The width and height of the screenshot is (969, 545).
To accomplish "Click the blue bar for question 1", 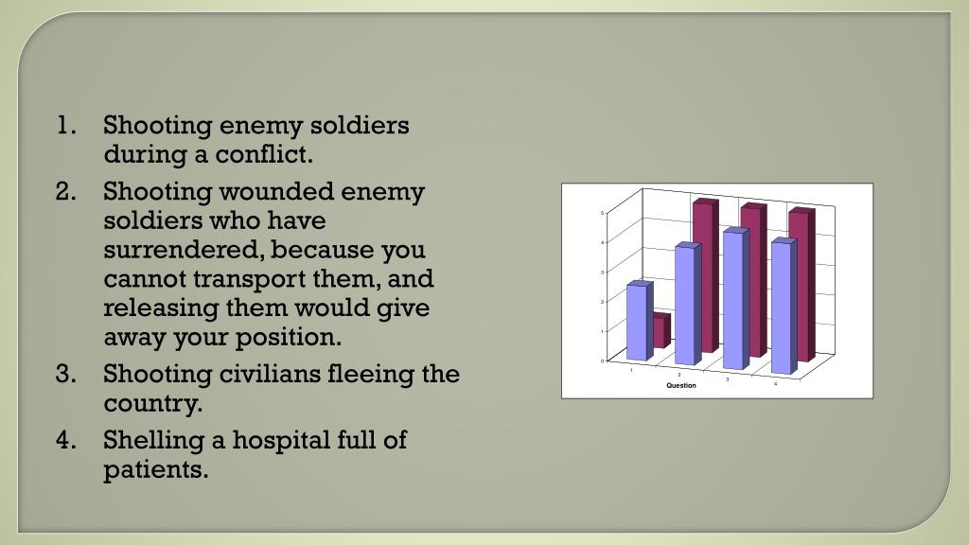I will (x=639, y=322).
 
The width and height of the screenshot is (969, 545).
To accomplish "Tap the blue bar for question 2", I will (x=687, y=305).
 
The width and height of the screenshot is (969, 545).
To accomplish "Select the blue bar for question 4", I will (x=784, y=307).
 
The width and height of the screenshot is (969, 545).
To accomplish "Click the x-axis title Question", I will (x=681, y=386).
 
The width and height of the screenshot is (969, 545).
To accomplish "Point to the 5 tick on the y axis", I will (x=602, y=213).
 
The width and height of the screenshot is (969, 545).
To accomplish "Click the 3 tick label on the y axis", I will (x=602, y=272).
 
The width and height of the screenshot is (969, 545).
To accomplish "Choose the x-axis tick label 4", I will (x=775, y=384).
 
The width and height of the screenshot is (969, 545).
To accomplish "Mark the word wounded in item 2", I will (x=267, y=192).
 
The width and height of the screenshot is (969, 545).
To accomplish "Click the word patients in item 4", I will (x=154, y=469).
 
